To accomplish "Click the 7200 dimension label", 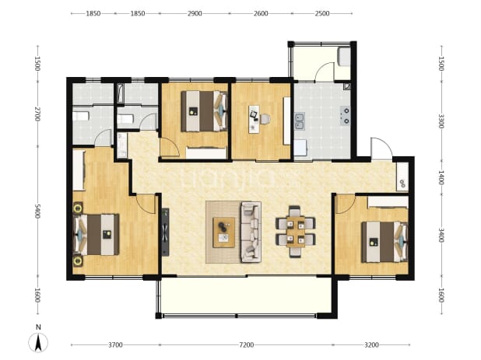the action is coord(246,345).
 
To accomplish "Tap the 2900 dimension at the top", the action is coord(195,13).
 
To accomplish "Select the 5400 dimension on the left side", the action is coord(37,211).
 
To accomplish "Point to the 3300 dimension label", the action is coord(441,121).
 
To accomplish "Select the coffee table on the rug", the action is coord(224,232).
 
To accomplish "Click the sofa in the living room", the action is coord(251,232).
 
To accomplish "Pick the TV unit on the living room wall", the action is coord(165,232).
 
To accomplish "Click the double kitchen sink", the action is coord(299,121).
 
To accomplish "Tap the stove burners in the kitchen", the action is coord(346,116).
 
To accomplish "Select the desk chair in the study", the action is coord(265,119).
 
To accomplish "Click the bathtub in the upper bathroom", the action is coord(120,93).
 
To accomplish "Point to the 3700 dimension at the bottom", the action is coord(115,345).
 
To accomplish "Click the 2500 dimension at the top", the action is coord(322,13).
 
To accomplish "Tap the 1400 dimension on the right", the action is coord(441,178).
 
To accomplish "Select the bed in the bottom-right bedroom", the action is coord(384,242).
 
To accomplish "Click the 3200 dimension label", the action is coord(371,345).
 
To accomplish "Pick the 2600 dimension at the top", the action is coord(261,13).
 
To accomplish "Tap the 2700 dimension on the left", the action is coord(37,114).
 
